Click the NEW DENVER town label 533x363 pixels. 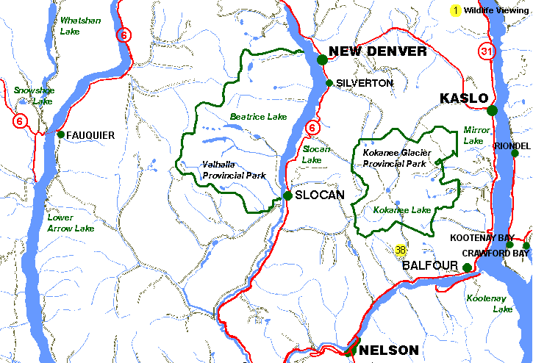[377, 51]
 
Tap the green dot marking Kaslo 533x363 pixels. [492, 110]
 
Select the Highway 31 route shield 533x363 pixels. [486, 51]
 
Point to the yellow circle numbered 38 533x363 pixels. [401, 250]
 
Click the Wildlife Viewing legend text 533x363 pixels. [496, 10]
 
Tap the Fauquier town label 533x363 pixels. [90, 135]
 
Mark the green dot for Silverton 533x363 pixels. [329, 83]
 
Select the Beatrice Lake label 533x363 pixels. [258, 117]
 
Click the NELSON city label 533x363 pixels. [389, 351]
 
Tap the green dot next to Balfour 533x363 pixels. [467, 267]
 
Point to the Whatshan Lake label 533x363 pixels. [80, 26]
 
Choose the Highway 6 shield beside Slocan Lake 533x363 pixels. [313, 128]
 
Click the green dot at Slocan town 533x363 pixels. [288, 195]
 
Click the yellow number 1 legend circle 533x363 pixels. [456, 10]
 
